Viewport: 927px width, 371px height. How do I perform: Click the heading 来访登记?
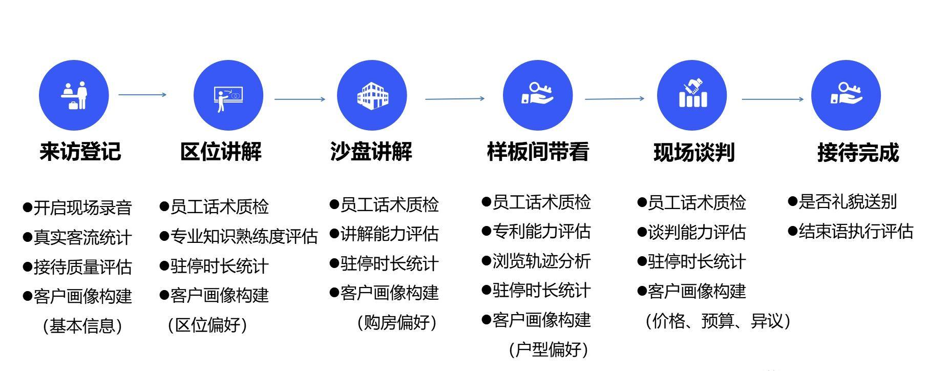(80, 152)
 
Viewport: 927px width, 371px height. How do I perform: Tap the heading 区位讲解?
(221, 152)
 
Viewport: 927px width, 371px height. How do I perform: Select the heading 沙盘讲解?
(371, 152)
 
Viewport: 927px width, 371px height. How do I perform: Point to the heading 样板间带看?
(538, 152)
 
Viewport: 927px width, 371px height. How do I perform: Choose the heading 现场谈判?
(694, 153)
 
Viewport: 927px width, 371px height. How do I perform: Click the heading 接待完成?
(858, 153)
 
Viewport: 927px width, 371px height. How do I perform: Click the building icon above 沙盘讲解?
(372, 95)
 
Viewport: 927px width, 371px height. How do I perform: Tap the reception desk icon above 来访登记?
(74, 95)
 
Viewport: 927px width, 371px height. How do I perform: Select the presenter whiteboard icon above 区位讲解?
(228, 95)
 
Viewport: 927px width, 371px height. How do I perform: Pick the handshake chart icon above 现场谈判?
(692, 95)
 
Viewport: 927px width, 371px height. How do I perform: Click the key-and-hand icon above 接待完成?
(846, 95)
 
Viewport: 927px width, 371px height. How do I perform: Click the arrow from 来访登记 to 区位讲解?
(142, 94)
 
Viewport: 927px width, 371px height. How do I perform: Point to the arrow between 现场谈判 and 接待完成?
(772, 99)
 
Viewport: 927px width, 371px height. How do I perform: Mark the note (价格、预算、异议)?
(718, 321)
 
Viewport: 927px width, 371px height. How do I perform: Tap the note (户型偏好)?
(549, 349)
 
